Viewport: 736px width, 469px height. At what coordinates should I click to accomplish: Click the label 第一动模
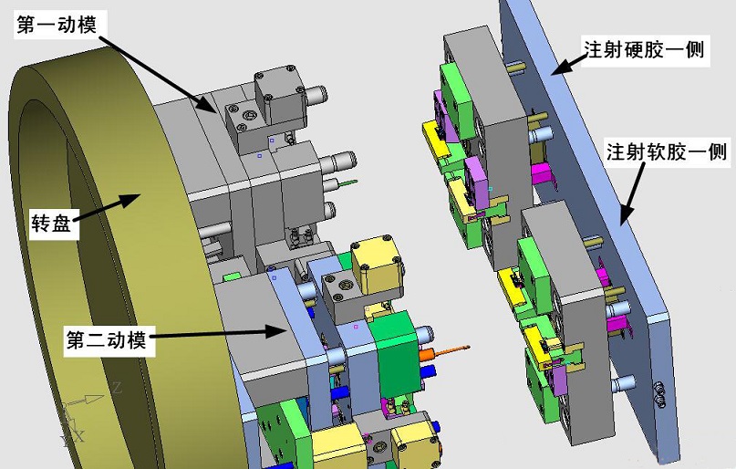point(57,25)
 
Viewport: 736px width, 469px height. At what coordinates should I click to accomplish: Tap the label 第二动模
point(106,339)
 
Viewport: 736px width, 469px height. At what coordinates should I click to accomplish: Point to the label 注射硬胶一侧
point(644,49)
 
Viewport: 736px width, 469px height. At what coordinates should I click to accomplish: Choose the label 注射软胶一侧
point(667,151)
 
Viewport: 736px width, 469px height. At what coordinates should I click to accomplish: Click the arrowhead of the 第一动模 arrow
point(207,104)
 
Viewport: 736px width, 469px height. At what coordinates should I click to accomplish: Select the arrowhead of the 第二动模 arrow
point(276,331)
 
